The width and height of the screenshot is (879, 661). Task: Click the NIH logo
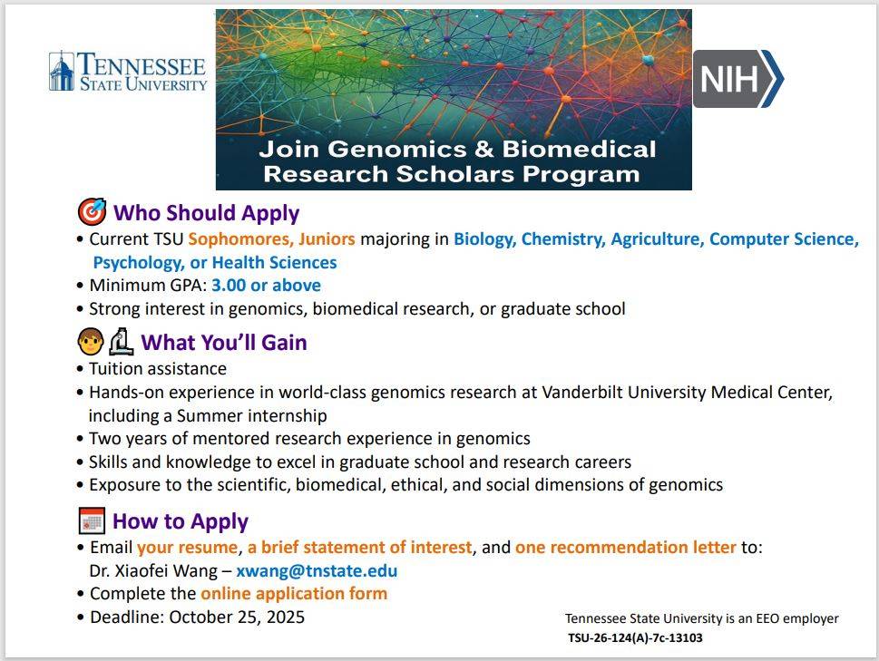[737, 79]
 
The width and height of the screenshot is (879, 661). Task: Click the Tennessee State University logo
[128, 72]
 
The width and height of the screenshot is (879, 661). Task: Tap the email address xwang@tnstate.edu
[317, 571]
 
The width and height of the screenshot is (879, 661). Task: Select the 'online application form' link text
[294, 594]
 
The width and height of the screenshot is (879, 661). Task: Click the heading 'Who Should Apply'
[206, 214]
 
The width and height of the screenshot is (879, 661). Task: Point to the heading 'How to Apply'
[181, 521]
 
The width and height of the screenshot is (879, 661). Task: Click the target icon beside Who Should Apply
[92, 213]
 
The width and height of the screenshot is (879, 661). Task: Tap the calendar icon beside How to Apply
[92, 521]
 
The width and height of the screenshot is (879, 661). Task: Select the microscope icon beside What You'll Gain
[121, 342]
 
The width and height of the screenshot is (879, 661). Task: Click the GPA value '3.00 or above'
[266, 286]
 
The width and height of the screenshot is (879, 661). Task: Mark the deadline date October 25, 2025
[237, 617]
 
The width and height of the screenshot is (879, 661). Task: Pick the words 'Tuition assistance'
[158, 369]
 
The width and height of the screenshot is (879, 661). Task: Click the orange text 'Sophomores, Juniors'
[271, 239]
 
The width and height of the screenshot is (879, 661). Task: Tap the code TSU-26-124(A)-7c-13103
[635, 637]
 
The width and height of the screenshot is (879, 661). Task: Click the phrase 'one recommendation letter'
[625, 548]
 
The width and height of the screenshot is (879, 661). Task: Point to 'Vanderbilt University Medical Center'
[687, 393]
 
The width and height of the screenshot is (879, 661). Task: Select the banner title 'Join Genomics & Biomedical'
[456, 149]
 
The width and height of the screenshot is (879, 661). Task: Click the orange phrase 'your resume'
[187, 548]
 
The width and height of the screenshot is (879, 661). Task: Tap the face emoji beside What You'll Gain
[90, 342]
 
